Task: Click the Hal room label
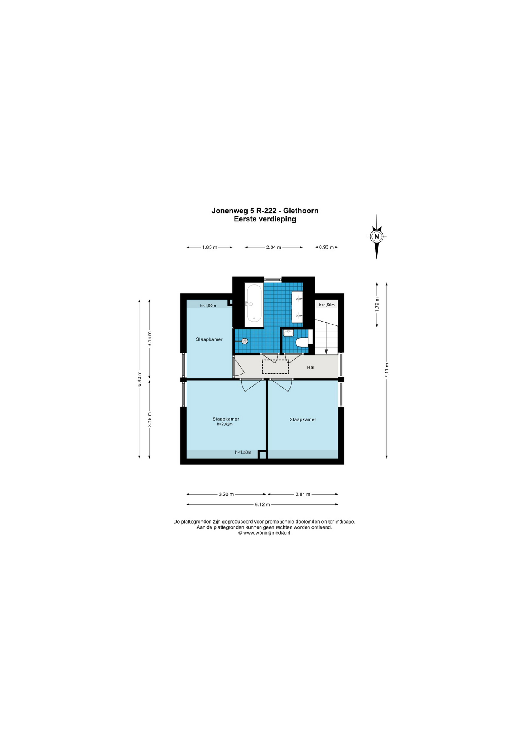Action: click(x=310, y=367)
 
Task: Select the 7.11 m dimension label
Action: click(x=386, y=370)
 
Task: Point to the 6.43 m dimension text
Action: click(x=139, y=378)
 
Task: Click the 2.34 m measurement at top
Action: click(x=273, y=247)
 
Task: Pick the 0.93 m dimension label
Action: click(x=326, y=247)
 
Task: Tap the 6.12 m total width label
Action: click(x=262, y=505)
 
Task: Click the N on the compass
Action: click(x=376, y=236)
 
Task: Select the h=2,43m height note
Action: click(x=225, y=424)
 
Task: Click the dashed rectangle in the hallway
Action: click(x=275, y=367)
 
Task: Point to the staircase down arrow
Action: click(x=326, y=351)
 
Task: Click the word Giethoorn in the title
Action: click(x=301, y=211)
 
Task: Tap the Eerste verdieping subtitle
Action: click(x=265, y=219)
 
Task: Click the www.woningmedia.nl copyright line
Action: click(x=264, y=533)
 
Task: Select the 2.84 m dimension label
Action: click(x=303, y=494)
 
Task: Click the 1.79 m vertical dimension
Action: click(x=377, y=304)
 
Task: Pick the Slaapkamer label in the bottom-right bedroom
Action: click(x=303, y=419)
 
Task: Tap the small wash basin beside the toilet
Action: click(x=288, y=333)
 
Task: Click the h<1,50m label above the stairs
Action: click(x=327, y=305)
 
